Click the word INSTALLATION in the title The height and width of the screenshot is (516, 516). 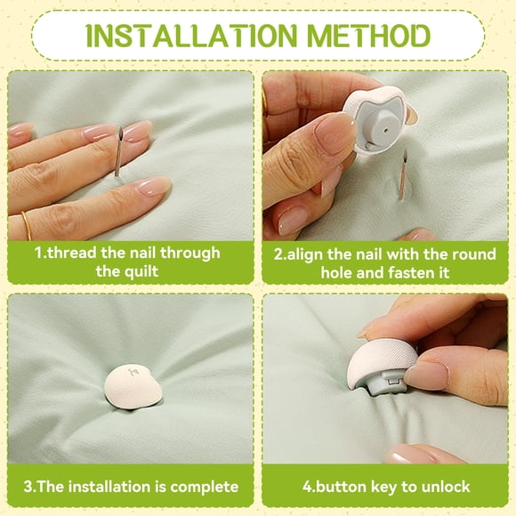191,36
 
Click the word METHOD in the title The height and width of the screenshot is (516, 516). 369,36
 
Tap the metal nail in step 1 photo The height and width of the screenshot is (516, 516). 118,151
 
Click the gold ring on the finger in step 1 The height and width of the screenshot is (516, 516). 27,226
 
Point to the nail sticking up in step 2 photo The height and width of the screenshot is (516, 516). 403,174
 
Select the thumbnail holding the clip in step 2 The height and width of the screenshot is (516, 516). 333,133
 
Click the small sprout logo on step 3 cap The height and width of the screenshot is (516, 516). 133,372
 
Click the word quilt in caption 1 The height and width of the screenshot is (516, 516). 143,272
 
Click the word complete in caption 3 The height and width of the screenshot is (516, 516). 205,487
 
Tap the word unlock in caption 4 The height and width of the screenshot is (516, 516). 446,487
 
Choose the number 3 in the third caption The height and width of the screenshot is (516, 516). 28,487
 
